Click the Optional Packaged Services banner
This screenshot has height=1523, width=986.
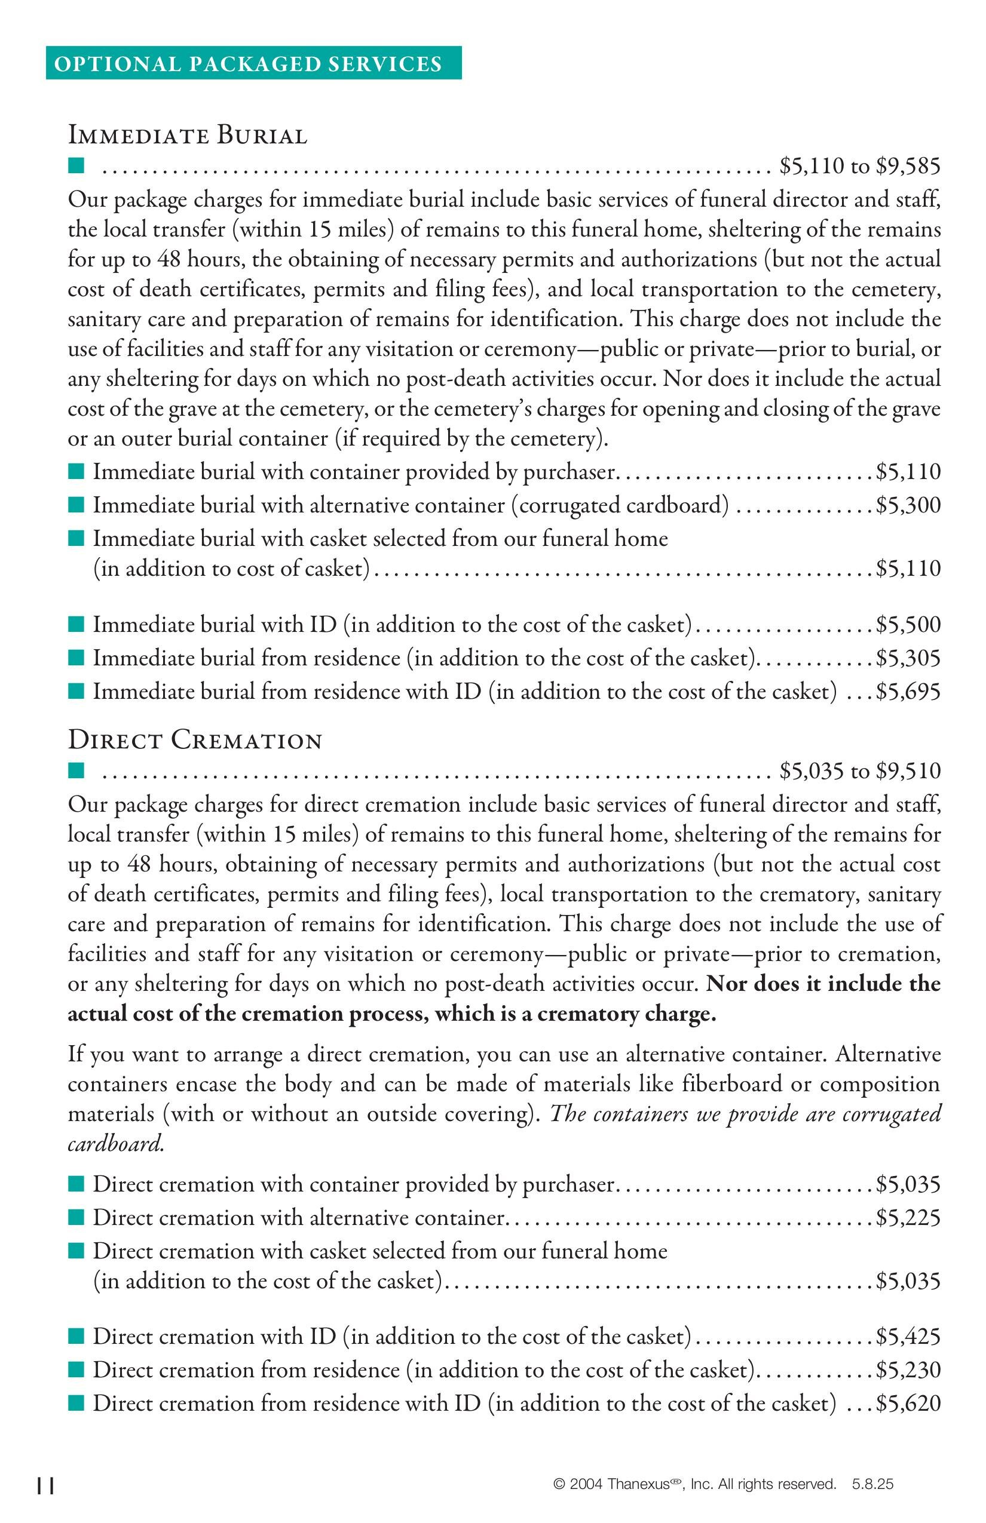point(253,63)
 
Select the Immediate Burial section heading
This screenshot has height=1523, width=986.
point(188,136)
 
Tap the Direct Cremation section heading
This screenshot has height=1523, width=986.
point(195,741)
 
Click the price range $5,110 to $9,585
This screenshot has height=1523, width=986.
point(860,167)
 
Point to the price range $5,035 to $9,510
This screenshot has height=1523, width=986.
point(860,771)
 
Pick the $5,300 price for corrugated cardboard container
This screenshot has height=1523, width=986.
point(908,505)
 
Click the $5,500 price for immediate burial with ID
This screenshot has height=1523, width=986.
point(908,625)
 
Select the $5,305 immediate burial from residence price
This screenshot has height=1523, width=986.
point(908,658)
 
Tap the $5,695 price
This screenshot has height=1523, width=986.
point(908,692)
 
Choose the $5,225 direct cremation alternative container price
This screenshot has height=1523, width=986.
point(908,1217)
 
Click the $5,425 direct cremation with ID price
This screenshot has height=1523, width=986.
point(908,1337)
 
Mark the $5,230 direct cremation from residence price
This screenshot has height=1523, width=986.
point(908,1370)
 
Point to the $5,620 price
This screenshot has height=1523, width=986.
point(908,1404)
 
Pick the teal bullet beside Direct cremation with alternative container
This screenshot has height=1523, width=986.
point(76,1217)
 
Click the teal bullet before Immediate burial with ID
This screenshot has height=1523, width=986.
point(76,624)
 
